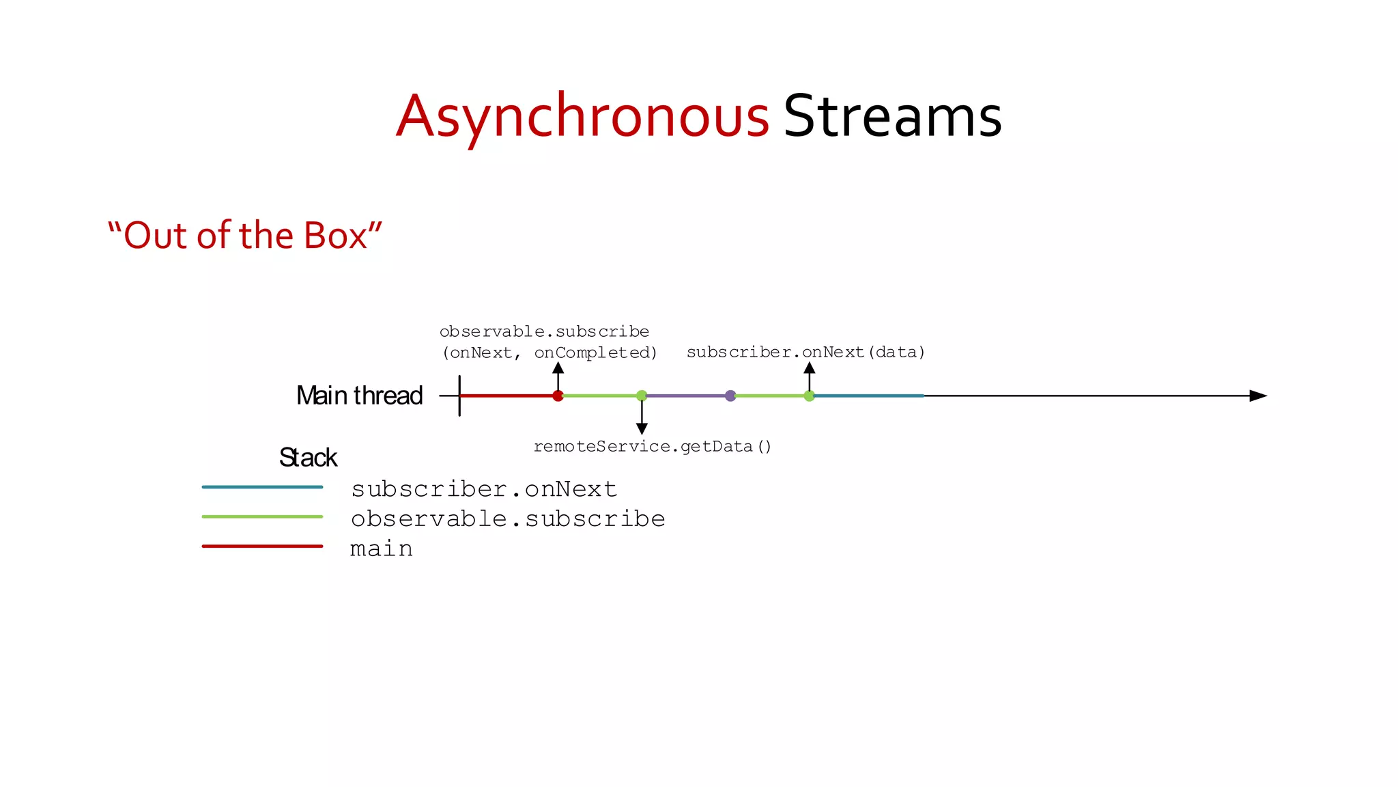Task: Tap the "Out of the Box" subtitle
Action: coord(244,235)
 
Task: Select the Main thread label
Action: coord(359,396)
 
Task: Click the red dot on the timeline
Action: coord(558,396)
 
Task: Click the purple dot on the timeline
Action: coord(730,396)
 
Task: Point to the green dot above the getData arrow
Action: coord(642,396)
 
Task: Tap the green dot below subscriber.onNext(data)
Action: coord(809,396)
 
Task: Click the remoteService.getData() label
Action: coord(652,447)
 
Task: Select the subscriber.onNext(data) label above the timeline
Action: coord(805,353)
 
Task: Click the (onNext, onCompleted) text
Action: coord(550,353)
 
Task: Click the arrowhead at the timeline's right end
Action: coord(1258,396)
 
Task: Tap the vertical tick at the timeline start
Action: coord(459,396)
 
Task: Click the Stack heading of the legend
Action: coord(308,458)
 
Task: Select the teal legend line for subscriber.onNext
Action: coord(262,487)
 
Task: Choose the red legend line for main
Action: coord(262,547)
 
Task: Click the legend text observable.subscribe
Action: coord(508,519)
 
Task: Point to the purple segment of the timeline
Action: coord(686,396)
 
